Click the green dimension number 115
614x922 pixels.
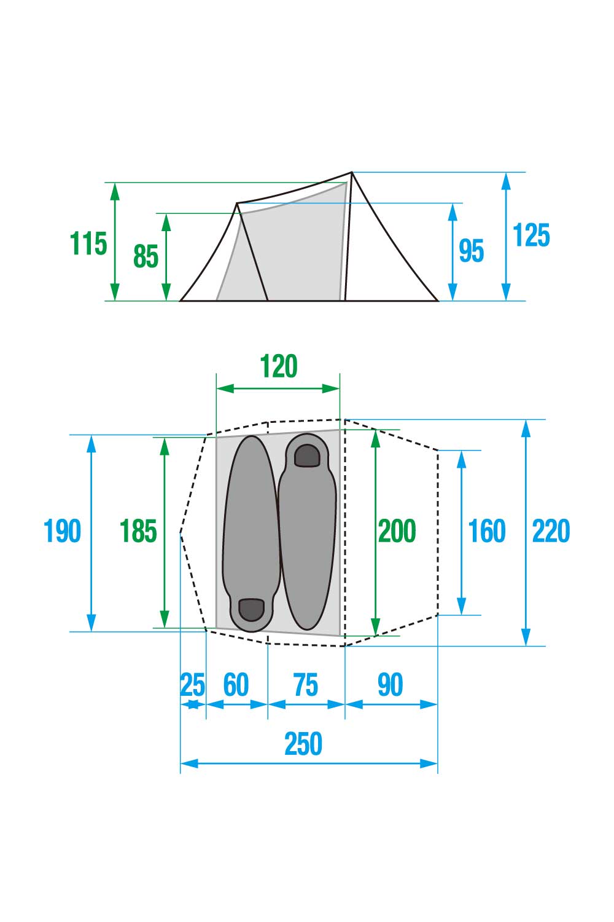88,243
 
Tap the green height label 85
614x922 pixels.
146,256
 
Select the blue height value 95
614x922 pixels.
471,251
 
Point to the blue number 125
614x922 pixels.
531,236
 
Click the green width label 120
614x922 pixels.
279,366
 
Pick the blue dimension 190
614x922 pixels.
62,531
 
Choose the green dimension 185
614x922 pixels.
138,531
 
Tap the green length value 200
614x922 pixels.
397,531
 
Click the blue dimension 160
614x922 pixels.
486,531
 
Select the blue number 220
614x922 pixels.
551,531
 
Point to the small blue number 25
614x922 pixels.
192,685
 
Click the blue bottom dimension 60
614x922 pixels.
236,685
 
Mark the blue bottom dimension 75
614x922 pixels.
305,685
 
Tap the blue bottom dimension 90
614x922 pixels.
390,685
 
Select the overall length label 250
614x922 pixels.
303,744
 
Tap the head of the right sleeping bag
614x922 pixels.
307,455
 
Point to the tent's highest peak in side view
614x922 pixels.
352,172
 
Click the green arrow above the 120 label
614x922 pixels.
278,388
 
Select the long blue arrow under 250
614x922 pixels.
309,763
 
